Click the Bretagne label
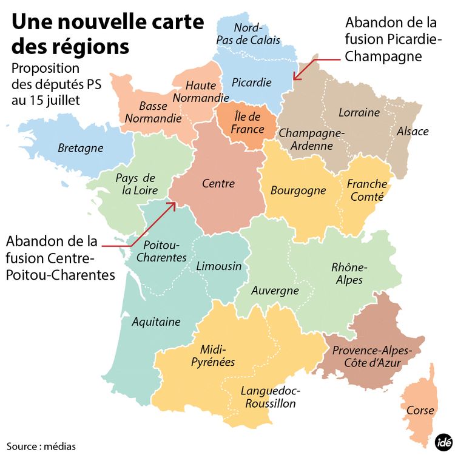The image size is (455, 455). click(81, 148)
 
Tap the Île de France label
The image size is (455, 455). click(248, 123)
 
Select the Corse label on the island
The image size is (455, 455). click(420, 410)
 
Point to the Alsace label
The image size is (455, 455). click(413, 131)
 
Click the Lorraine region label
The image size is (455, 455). click(359, 112)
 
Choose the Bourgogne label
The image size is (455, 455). click(298, 190)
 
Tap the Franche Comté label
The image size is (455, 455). click(367, 190)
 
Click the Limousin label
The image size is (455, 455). click(219, 266)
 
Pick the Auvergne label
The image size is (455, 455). click(275, 291)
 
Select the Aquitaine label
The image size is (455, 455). click(157, 321)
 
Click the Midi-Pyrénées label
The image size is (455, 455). click(218, 356)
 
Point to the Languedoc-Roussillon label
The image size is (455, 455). click(271, 397)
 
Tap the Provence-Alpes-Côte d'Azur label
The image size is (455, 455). click(372, 357)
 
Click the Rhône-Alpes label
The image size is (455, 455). click(348, 273)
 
